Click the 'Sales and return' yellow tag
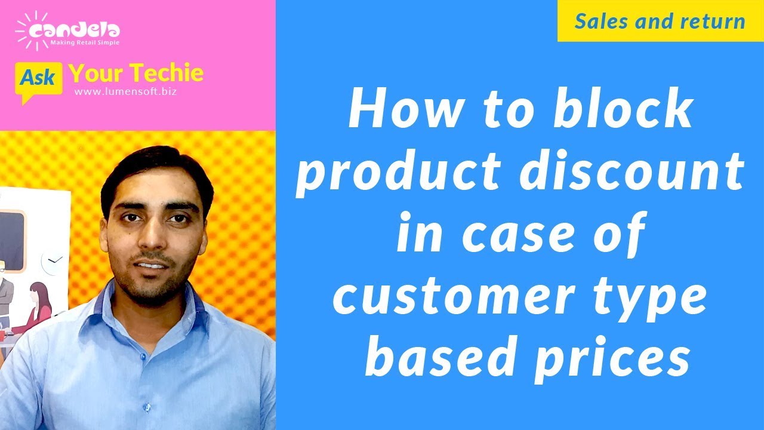click(x=660, y=21)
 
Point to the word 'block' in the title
click(x=624, y=112)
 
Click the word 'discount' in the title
click(x=632, y=173)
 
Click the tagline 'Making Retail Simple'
click(x=85, y=43)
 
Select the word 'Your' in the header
click(x=96, y=73)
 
